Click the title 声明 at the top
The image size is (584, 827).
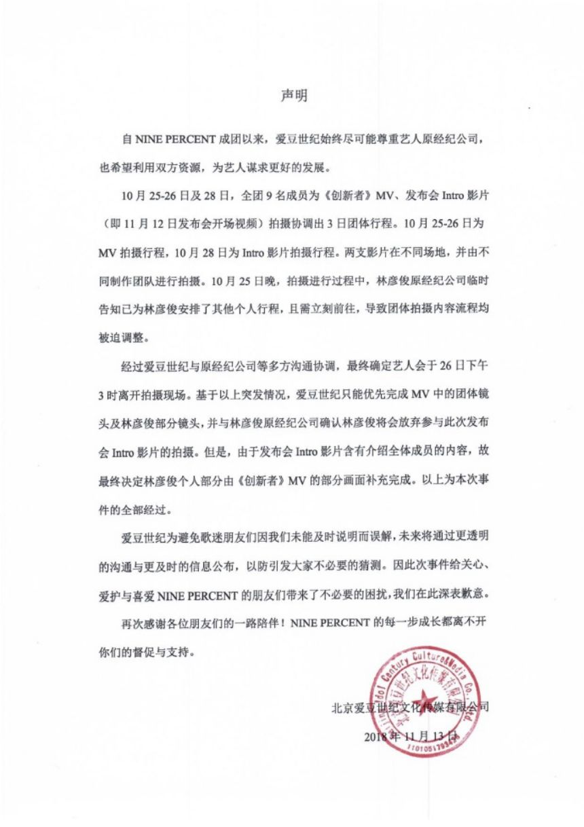(294, 96)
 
